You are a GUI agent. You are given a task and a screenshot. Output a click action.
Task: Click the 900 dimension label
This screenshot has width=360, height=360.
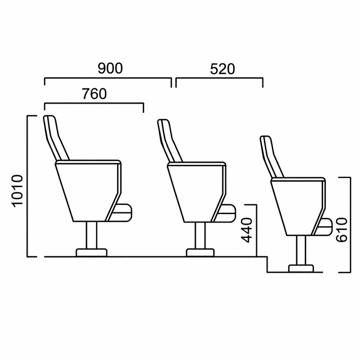pyautogui.click(x=110, y=68)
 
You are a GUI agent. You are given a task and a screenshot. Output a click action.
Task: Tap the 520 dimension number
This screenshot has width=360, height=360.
pyautogui.click(x=223, y=69)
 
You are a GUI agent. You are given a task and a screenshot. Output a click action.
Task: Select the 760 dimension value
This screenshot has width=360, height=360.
pyautogui.click(x=95, y=94)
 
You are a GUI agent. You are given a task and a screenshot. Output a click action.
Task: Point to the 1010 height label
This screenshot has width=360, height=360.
pyautogui.click(x=18, y=191)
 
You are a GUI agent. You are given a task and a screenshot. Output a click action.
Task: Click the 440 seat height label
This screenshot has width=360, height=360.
pyautogui.click(x=247, y=230)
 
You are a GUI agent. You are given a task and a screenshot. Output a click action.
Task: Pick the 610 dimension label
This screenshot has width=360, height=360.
pyautogui.click(x=341, y=230)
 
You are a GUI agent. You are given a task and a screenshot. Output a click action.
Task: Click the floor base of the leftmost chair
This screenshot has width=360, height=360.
pyautogui.click(x=91, y=252)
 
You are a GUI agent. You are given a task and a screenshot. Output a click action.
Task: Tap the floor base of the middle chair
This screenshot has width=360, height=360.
pyautogui.click(x=200, y=252)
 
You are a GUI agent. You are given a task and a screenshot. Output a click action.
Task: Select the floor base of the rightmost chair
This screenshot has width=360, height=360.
pyautogui.click(x=301, y=269)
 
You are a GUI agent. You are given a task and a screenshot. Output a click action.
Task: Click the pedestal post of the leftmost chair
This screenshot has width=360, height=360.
pyautogui.click(x=92, y=235)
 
